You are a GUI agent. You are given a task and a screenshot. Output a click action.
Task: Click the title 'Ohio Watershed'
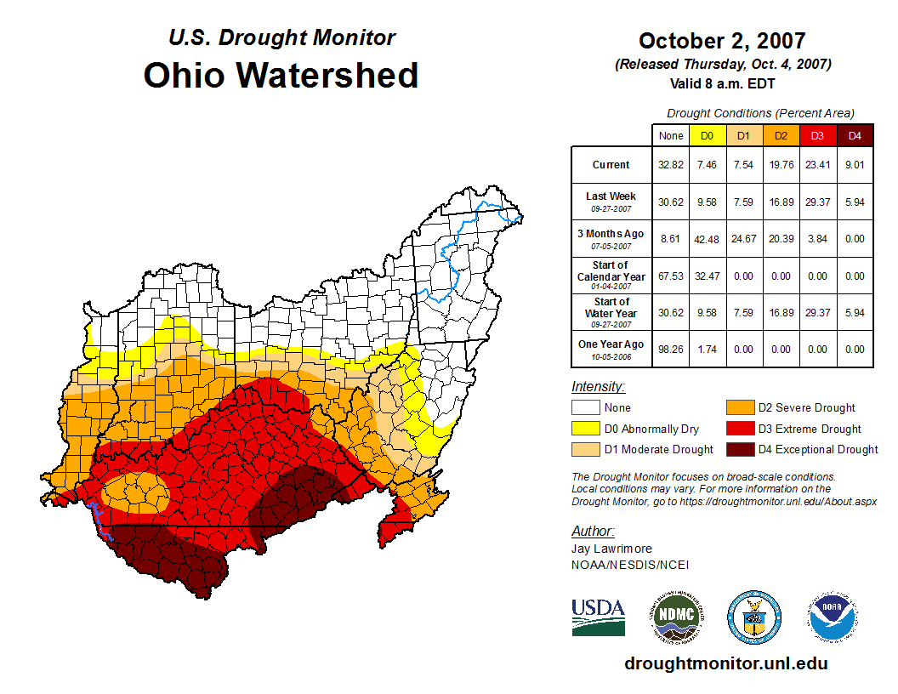coord(281,75)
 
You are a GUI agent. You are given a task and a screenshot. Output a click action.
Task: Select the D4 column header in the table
coord(855,135)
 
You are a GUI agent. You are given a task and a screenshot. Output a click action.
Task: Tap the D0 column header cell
coord(707,135)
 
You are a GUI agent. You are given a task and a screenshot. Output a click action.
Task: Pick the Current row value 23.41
coord(817,165)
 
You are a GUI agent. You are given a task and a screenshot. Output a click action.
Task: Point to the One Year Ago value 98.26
coord(670,349)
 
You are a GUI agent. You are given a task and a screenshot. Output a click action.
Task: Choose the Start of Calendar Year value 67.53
coord(670,276)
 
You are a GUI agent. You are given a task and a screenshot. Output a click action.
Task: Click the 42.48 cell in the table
coord(707,239)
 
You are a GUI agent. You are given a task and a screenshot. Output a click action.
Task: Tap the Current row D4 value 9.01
coord(855,165)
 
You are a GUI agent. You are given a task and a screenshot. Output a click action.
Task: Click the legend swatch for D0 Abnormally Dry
coord(585,429)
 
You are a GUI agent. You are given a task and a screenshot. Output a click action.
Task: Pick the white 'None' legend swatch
coord(585,408)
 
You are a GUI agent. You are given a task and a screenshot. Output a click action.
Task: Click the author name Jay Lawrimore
coord(611,549)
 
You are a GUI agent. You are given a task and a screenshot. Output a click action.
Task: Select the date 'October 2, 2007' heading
coord(722,41)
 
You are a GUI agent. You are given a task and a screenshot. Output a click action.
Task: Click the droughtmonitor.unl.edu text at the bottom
coord(725,663)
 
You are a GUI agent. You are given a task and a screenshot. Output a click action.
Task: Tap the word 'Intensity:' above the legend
coord(598,387)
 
